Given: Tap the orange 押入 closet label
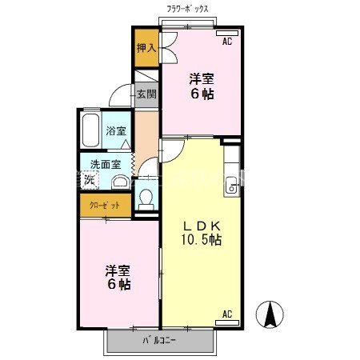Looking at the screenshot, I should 146,49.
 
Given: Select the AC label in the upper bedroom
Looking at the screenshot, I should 226,41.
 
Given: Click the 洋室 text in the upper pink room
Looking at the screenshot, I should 201,79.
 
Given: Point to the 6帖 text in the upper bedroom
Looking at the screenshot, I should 201,94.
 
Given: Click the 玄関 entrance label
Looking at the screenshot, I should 146,94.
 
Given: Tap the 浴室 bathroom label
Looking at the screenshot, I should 116,131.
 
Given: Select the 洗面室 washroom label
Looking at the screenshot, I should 105,165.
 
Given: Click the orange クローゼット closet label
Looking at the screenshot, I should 105,206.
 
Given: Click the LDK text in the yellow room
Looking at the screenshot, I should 200,225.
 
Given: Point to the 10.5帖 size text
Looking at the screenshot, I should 200,239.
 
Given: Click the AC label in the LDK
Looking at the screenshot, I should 226,313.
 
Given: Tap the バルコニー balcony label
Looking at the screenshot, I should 159,339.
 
